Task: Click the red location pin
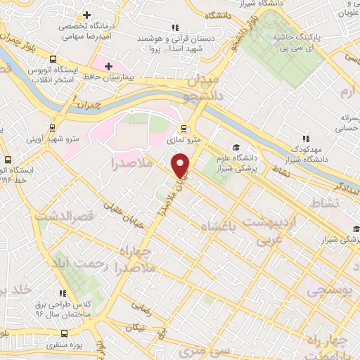pyautogui.click(x=182, y=165)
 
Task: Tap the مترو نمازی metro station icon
pyautogui.click(x=184, y=129)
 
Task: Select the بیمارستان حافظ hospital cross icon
pyautogui.click(x=108, y=67)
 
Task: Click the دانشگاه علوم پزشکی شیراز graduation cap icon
pyautogui.click(x=236, y=146)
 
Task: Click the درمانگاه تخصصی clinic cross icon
pyautogui.click(x=86, y=15)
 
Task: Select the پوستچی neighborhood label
pyautogui.click(x=329, y=290)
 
